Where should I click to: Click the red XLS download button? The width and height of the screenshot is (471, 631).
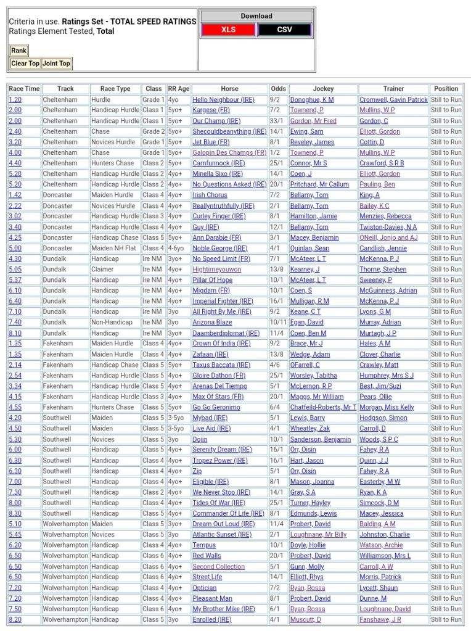(228, 30)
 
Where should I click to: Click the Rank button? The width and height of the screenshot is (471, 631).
(18, 51)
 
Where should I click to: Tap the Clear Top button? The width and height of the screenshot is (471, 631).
(25, 63)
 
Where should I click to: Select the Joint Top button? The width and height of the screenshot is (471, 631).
(56, 63)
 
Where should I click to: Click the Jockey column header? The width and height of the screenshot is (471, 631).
(323, 89)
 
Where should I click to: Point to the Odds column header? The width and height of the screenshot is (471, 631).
(278, 89)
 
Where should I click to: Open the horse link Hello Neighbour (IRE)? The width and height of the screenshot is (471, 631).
(223, 99)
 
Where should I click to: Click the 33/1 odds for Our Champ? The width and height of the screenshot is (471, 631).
(277, 121)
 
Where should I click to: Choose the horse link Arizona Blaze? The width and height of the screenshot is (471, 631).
(212, 322)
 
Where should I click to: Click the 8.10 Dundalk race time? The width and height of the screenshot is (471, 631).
(15, 333)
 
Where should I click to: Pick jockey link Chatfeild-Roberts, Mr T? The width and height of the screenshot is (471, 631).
(323, 407)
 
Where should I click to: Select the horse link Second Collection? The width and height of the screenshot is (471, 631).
(218, 566)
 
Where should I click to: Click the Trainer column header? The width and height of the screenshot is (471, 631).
(393, 89)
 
